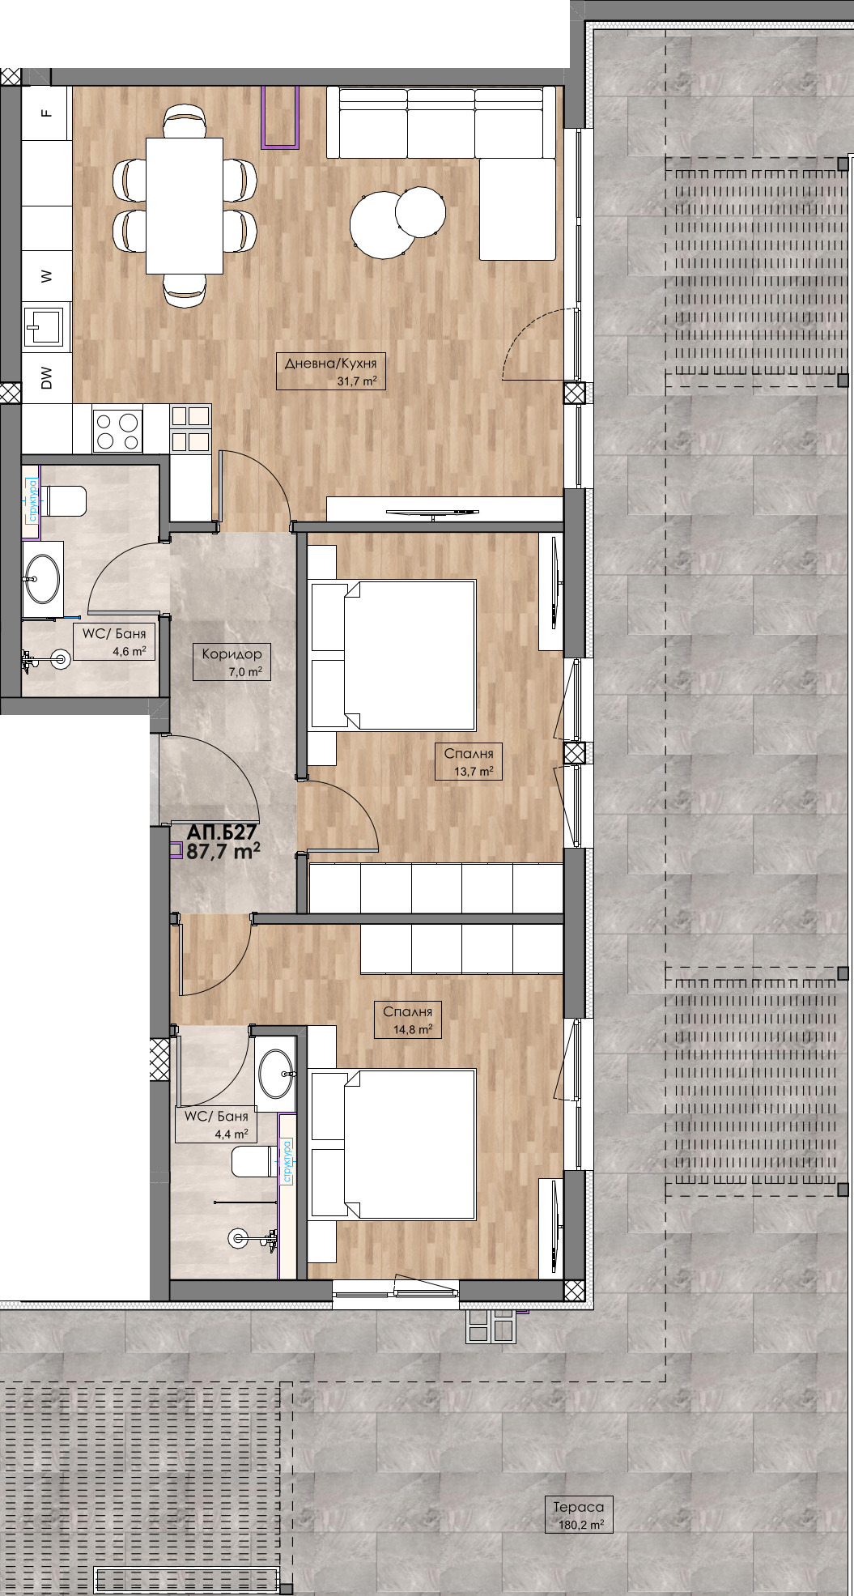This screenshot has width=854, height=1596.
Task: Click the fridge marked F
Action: click(x=46, y=113)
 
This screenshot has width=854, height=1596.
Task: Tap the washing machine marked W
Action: click(x=46, y=275)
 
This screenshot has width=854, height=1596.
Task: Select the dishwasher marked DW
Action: click(x=46, y=378)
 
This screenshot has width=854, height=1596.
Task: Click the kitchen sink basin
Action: click(x=45, y=326)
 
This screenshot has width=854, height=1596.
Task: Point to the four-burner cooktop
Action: click(x=118, y=430)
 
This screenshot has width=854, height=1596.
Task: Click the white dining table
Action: click(x=185, y=206)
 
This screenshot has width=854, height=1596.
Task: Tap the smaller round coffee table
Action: click(x=420, y=211)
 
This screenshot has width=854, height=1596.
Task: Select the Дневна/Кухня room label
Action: click(x=330, y=364)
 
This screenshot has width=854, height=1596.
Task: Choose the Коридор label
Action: click(x=232, y=654)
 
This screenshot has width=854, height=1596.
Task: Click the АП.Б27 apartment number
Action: click(x=222, y=832)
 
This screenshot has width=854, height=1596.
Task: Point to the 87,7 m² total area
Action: click(x=223, y=851)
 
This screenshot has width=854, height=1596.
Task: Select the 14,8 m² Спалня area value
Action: click(x=412, y=1030)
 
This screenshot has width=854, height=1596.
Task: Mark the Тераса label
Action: click(x=579, y=1507)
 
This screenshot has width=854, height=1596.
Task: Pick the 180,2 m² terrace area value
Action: click(x=581, y=1525)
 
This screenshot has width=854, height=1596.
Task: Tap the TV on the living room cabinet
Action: click(x=431, y=512)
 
